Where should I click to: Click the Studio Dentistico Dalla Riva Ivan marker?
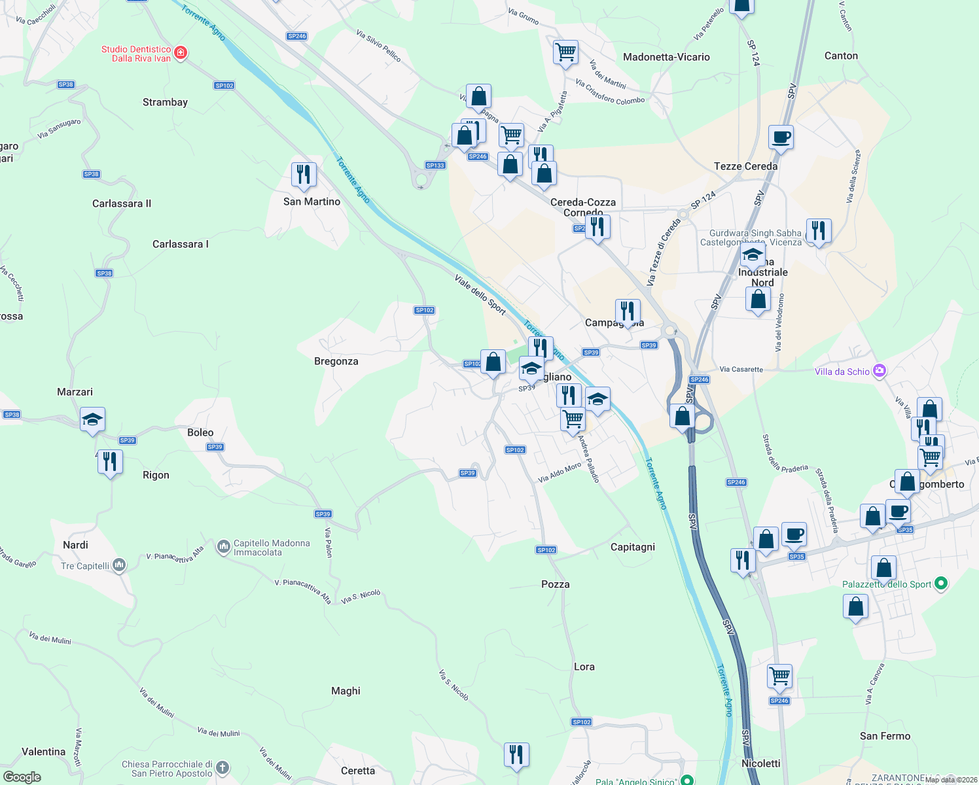181,53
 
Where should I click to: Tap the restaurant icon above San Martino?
304,175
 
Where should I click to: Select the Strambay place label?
165,102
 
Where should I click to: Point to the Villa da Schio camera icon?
880,372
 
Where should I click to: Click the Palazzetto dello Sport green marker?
941,584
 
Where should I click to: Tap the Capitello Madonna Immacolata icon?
224,546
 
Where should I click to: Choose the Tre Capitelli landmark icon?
119,565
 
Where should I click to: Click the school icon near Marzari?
92,420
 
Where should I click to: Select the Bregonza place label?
336,361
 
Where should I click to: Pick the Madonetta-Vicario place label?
666,57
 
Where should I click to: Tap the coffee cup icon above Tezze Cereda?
781,137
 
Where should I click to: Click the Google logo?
22,776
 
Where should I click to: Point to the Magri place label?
346,691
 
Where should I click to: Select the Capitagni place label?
632,547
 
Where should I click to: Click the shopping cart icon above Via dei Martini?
565,52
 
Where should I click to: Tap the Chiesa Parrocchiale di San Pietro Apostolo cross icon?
222,767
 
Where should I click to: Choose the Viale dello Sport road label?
480,294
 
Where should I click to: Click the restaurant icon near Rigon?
110,462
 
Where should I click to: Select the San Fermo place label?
885,736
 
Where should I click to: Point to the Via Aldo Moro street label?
560,473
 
